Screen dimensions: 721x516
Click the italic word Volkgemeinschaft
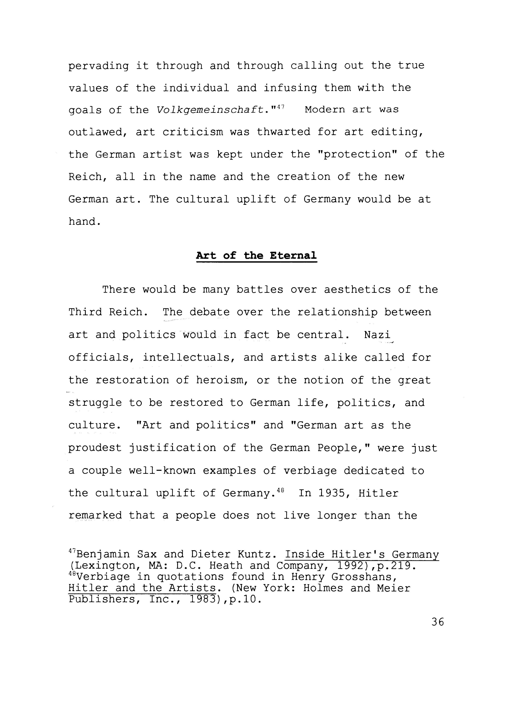[211, 110]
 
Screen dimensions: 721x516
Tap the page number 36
[438, 622]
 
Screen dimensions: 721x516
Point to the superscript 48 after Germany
[280, 491]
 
